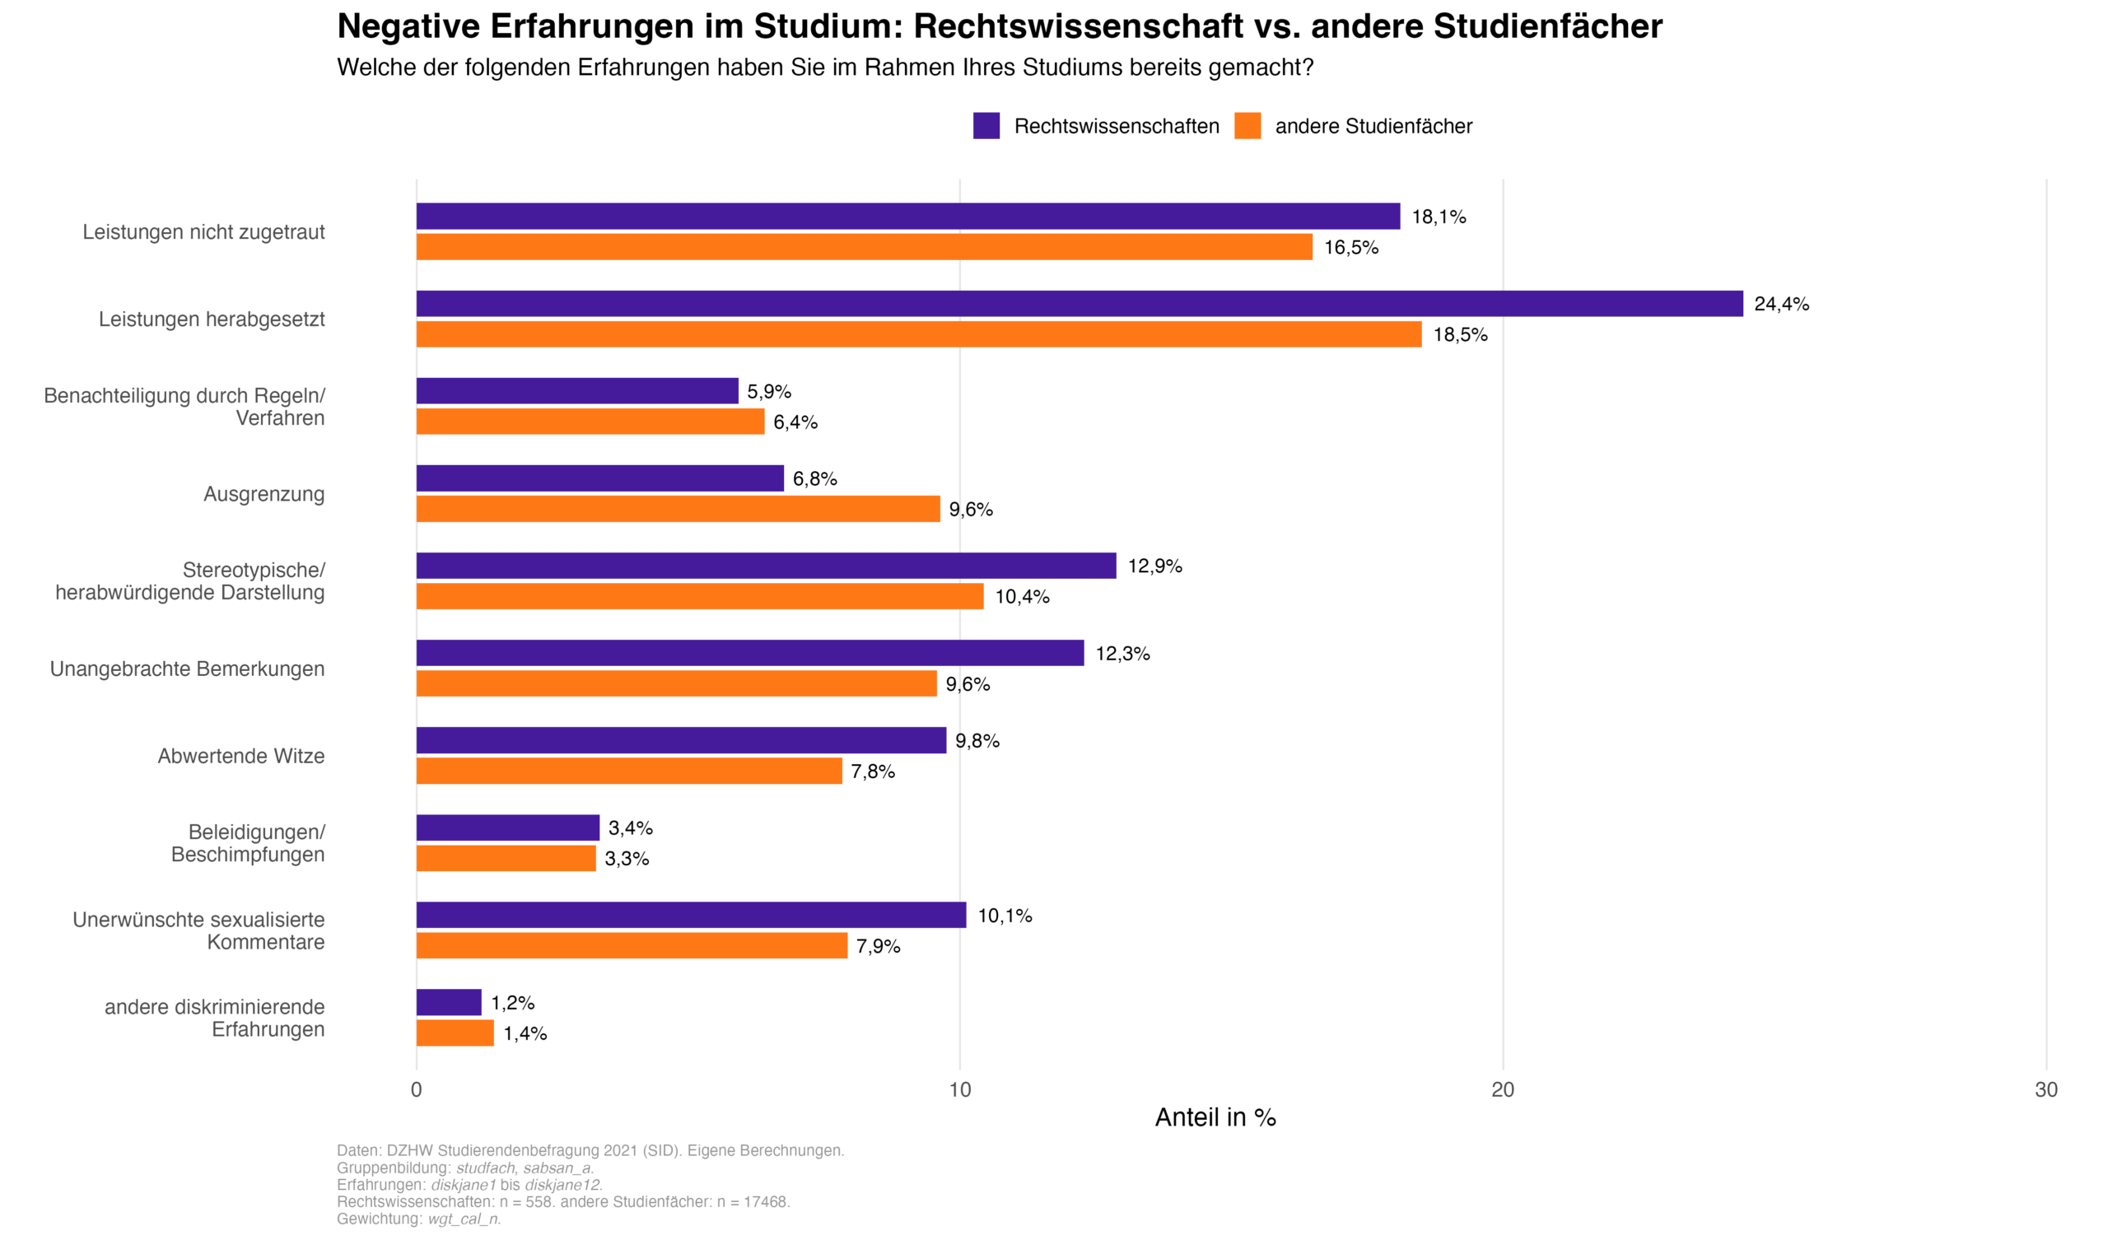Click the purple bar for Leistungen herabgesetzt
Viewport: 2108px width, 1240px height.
[1079, 304]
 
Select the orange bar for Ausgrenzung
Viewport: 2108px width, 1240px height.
[678, 509]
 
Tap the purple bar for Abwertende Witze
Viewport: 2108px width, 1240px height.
[681, 740]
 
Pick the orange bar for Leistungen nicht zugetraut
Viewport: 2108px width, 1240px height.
[864, 247]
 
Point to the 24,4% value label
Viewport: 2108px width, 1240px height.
[1781, 305]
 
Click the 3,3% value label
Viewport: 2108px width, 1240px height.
[627, 860]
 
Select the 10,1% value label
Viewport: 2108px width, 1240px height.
[1005, 916]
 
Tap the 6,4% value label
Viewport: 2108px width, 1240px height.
[795, 422]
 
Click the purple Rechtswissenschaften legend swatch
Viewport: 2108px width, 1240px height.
[986, 126]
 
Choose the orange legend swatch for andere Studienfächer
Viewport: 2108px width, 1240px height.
[1248, 126]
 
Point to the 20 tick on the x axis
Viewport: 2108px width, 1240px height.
[1503, 1090]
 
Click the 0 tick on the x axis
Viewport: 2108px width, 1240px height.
[417, 1090]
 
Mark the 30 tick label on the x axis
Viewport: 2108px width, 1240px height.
[2046, 1090]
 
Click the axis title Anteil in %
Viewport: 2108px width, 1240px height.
[1215, 1118]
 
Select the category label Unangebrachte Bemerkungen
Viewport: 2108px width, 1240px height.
[188, 669]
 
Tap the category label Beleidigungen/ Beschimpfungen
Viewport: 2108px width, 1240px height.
[249, 843]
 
